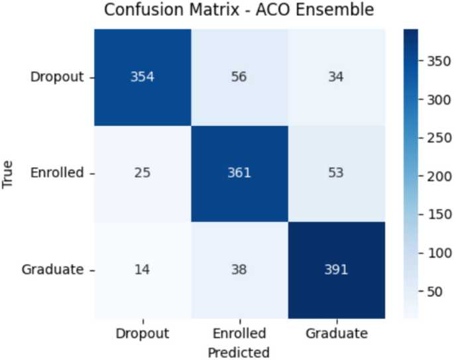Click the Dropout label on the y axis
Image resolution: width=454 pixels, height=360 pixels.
[x=57, y=76]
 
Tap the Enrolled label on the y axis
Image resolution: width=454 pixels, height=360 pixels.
[x=57, y=173]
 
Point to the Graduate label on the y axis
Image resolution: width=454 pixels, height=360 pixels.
[x=53, y=270]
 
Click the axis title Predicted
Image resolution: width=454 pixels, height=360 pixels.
[x=239, y=351]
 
